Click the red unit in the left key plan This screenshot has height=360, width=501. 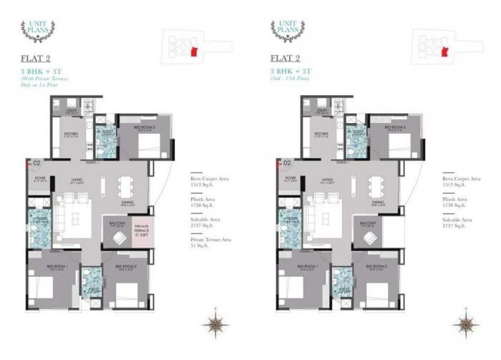[194, 51]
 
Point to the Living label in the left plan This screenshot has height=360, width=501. [76, 180]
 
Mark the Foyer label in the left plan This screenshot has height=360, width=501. [39, 178]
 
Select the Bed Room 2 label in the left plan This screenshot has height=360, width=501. [125, 266]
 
